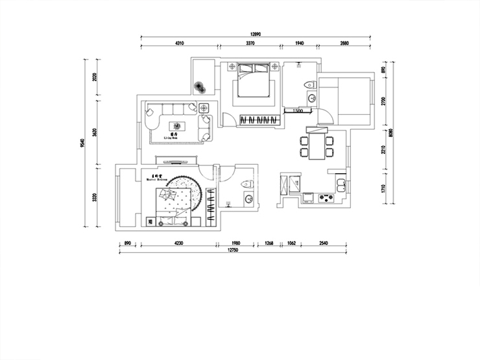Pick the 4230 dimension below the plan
[x=178, y=243]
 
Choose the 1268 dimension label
[x=269, y=243]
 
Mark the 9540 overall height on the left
[x=83, y=143]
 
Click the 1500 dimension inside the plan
[x=298, y=111]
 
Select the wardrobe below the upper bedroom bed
[x=258, y=120]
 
